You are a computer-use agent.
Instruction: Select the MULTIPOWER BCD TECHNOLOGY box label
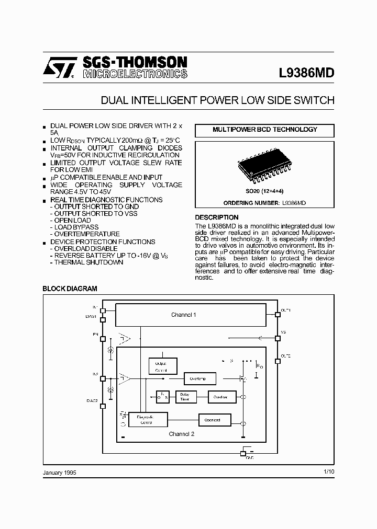click(x=264, y=129)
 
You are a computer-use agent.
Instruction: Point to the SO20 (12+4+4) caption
click(x=264, y=192)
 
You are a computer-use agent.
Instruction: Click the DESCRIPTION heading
click(x=217, y=217)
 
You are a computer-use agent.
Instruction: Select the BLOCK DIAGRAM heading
click(x=70, y=289)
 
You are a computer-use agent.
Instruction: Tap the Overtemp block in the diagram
click(x=198, y=378)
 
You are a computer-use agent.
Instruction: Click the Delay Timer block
click(x=185, y=397)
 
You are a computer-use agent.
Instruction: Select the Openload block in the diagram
click(x=213, y=420)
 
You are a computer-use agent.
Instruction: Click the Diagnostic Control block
click(x=148, y=419)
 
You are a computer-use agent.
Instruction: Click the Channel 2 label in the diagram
click(x=182, y=434)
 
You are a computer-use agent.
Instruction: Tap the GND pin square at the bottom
click(x=242, y=453)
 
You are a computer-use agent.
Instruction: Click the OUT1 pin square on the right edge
click(x=277, y=314)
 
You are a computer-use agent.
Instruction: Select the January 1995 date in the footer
click(x=60, y=472)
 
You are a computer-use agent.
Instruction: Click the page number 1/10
click(x=329, y=472)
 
